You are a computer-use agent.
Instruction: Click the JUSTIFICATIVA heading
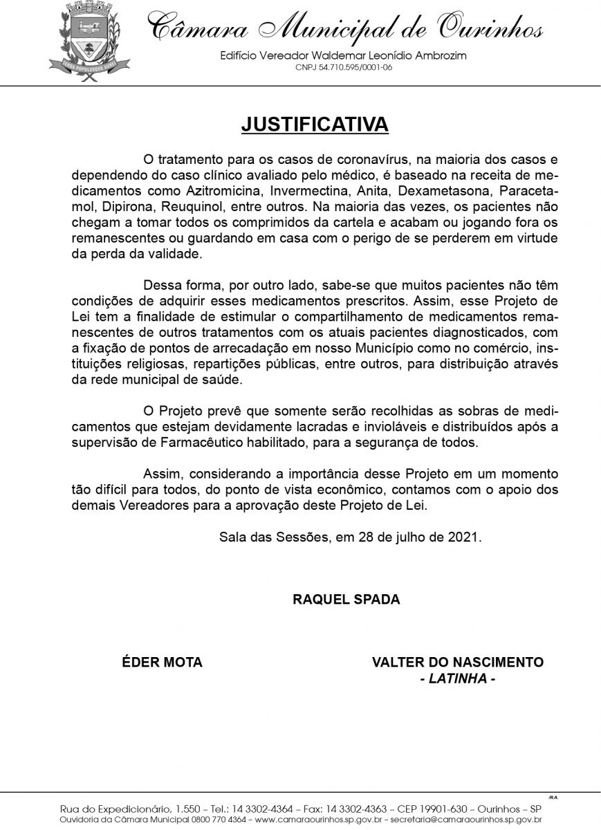tap(315, 124)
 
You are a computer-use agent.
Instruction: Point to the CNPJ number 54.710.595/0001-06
tap(344, 68)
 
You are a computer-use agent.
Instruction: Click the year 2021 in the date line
tap(463, 537)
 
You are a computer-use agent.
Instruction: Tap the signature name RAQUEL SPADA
tap(346, 600)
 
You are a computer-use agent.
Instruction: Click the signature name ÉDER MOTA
tap(162, 663)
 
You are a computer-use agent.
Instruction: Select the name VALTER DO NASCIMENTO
tap(458, 663)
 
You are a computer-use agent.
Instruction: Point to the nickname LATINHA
tap(458, 679)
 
